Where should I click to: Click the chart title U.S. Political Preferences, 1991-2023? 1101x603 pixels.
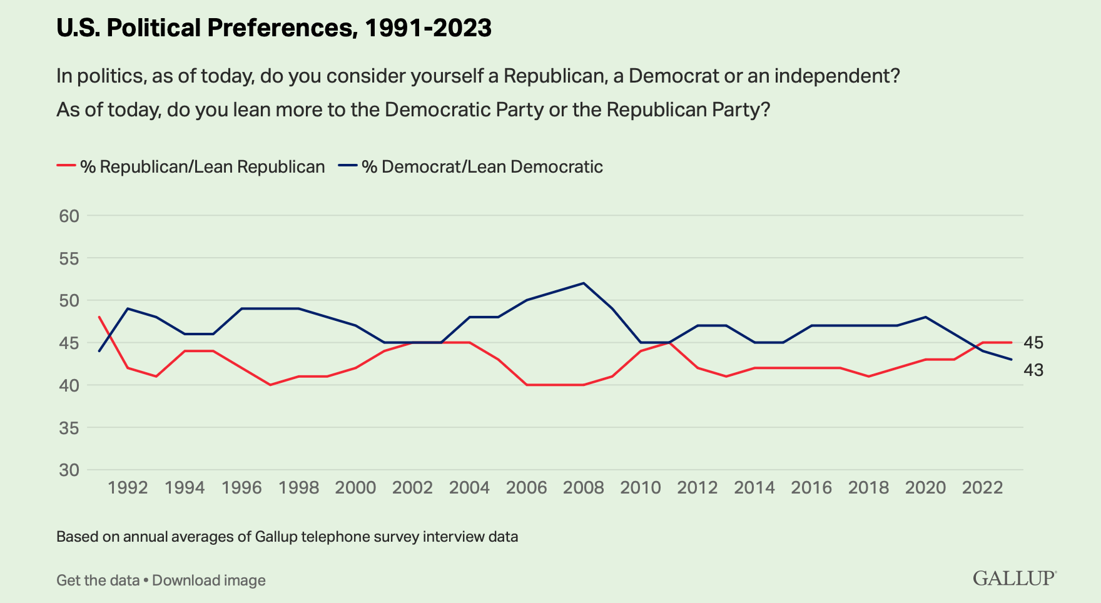[273, 28]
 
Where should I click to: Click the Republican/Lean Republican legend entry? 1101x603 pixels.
[191, 167]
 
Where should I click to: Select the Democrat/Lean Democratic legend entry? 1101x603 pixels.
[470, 167]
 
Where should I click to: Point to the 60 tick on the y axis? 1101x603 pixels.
[69, 216]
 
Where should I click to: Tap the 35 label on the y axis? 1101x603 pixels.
[69, 428]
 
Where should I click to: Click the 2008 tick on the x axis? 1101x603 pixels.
[583, 488]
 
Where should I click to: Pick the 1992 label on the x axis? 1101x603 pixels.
[128, 488]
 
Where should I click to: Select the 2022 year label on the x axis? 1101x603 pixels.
[982, 488]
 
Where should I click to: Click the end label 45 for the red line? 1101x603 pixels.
[1033, 343]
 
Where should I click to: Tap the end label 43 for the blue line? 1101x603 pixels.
[1033, 370]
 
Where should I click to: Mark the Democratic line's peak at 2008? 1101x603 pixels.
[584, 283]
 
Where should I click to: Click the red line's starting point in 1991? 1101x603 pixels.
[99, 317]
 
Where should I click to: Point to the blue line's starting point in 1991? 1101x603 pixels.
[99, 351]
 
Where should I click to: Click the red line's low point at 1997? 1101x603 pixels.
[270, 385]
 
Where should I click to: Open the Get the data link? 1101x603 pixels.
[98, 580]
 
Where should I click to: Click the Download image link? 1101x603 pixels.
[209, 580]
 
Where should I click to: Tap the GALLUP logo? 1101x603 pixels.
[1014, 578]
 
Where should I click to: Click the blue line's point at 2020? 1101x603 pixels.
[925, 317]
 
